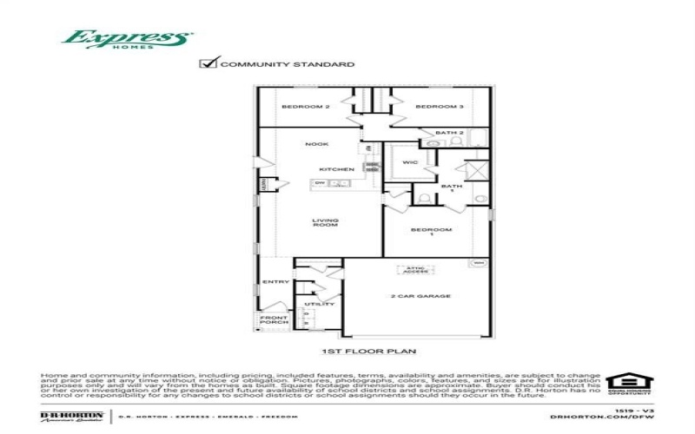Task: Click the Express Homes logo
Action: click(x=127, y=40)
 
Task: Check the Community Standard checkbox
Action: click(x=207, y=63)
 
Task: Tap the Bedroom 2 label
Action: click(x=304, y=107)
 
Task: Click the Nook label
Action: click(x=315, y=144)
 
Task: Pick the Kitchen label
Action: click(x=336, y=168)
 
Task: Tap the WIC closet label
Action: click(x=410, y=162)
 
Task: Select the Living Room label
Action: click(x=325, y=222)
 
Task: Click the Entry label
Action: click(x=275, y=282)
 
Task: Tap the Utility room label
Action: click(x=325, y=305)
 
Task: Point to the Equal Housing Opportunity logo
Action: click(x=623, y=384)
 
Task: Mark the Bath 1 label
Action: click(x=451, y=187)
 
